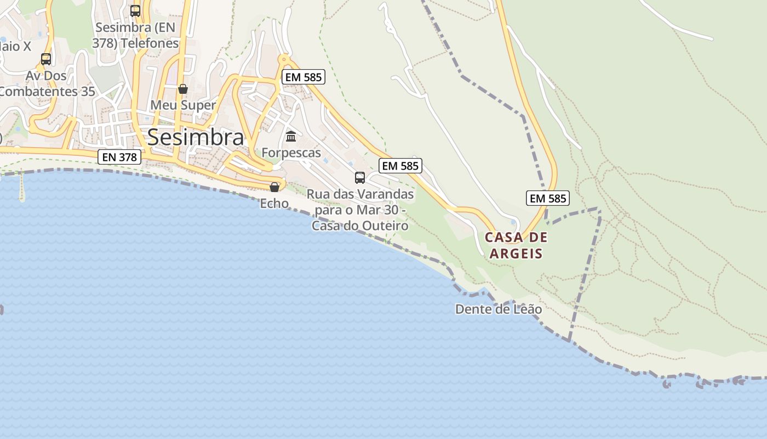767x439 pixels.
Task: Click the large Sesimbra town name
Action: click(x=196, y=137)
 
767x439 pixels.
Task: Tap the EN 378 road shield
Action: click(x=119, y=157)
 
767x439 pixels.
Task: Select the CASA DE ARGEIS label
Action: click(x=516, y=245)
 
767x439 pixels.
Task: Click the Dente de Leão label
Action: click(x=499, y=309)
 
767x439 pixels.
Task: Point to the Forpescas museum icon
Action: click(x=291, y=136)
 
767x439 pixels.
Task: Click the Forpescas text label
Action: click(x=291, y=153)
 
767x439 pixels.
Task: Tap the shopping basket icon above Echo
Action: click(x=274, y=187)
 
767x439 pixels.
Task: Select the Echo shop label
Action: click(x=274, y=203)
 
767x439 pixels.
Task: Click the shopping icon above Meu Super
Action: click(x=183, y=89)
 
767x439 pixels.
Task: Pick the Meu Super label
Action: click(x=183, y=105)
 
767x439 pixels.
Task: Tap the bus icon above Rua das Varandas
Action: click(x=360, y=177)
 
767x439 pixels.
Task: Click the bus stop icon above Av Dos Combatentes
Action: click(x=46, y=59)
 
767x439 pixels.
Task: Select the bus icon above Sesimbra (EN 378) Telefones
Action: click(x=135, y=10)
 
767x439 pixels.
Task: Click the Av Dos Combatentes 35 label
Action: click(x=47, y=83)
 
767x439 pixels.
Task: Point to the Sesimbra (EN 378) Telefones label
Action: click(x=136, y=35)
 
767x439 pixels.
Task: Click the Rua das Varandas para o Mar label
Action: click(x=360, y=210)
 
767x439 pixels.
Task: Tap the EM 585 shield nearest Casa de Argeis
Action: click(x=548, y=198)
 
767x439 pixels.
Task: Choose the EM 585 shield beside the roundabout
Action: click(x=304, y=77)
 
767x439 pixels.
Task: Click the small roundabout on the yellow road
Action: click(x=284, y=58)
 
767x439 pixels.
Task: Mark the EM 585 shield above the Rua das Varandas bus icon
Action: click(x=400, y=166)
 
